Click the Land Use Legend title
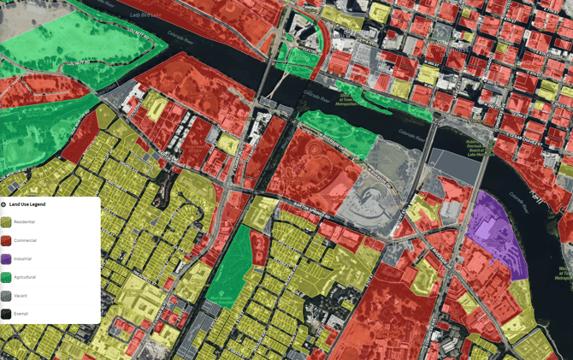point(28,204)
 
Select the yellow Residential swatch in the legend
point(6,221)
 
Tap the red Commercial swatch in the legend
point(6,240)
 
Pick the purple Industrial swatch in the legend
point(6,258)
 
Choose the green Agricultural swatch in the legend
point(6,277)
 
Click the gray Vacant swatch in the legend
point(6,295)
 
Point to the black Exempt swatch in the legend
point(6,314)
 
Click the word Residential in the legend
point(25,221)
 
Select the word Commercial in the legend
point(25,240)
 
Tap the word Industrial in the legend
point(23,258)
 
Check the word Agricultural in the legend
point(25,277)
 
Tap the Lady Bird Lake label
point(146,15)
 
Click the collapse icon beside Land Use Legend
point(3,204)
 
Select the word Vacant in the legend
point(21,295)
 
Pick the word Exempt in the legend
point(21,314)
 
